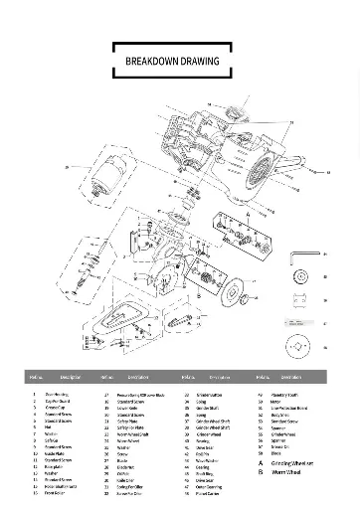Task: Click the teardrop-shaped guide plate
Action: [127, 320]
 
